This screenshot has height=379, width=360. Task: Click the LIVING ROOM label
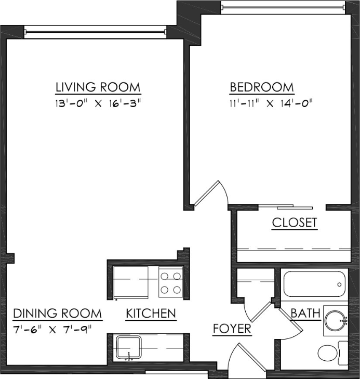pos(98,86)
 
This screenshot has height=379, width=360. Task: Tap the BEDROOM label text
pos(262,87)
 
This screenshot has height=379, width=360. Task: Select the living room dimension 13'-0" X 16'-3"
pos(98,103)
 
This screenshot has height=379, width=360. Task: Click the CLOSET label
pos(295,223)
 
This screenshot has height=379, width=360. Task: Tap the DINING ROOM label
pos(57,313)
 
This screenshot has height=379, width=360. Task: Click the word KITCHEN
pos(151,313)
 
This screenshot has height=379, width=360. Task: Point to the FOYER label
pos(232,329)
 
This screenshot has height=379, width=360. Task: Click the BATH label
pos(305,313)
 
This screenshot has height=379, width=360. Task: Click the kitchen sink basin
pos(128,347)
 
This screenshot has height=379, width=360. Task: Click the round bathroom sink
pos(335,318)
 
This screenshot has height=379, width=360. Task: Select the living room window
pos(95,32)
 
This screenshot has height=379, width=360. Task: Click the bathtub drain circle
pos(339,284)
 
